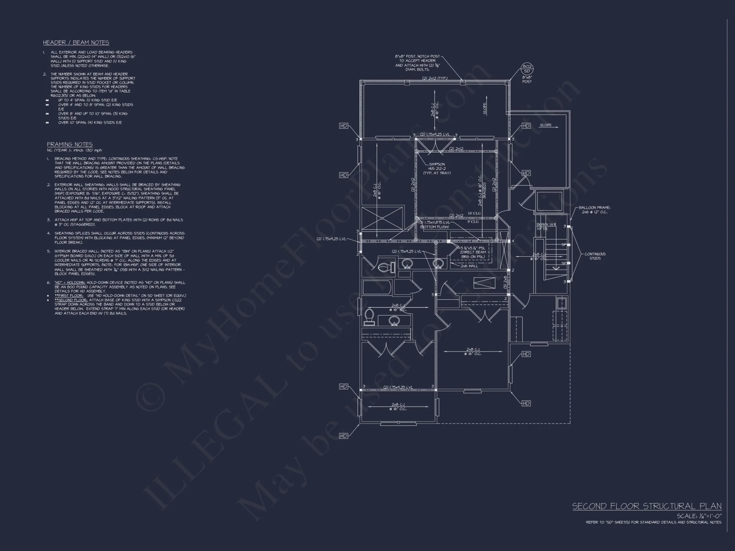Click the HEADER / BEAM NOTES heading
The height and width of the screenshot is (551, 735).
(x=76, y=43)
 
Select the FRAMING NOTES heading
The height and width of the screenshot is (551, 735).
(x=70, y=144)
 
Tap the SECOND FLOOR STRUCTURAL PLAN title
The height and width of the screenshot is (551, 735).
(x=647, y=506)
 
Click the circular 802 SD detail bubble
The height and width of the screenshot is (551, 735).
(x=527, y=69)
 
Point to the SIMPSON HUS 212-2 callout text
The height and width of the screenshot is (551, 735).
(x=437, y=169)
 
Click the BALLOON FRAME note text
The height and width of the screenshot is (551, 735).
(x=595, y=210)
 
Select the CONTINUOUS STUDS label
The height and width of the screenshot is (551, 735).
(x=595, y=256)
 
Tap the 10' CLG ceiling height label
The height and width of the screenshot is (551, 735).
(x=474, y=213)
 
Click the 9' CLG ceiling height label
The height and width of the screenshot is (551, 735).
(x=473, y=222)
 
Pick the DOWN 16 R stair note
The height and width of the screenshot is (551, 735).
(x=546, y=224)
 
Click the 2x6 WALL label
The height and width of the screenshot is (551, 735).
(x=469, y=266)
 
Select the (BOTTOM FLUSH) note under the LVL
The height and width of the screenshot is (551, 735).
(x=434, y=227)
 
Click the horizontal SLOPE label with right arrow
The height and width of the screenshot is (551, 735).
(x=546, y=125)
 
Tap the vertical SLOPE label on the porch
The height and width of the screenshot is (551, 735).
(x=485, y=109)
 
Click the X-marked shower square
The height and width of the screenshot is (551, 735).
(x=382, y=219)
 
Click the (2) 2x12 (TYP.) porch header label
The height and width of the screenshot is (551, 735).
(x=435, y=78)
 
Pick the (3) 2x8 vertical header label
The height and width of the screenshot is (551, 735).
(x=505, y=282)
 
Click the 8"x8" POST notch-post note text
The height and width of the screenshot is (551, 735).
(x=418, y=63)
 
